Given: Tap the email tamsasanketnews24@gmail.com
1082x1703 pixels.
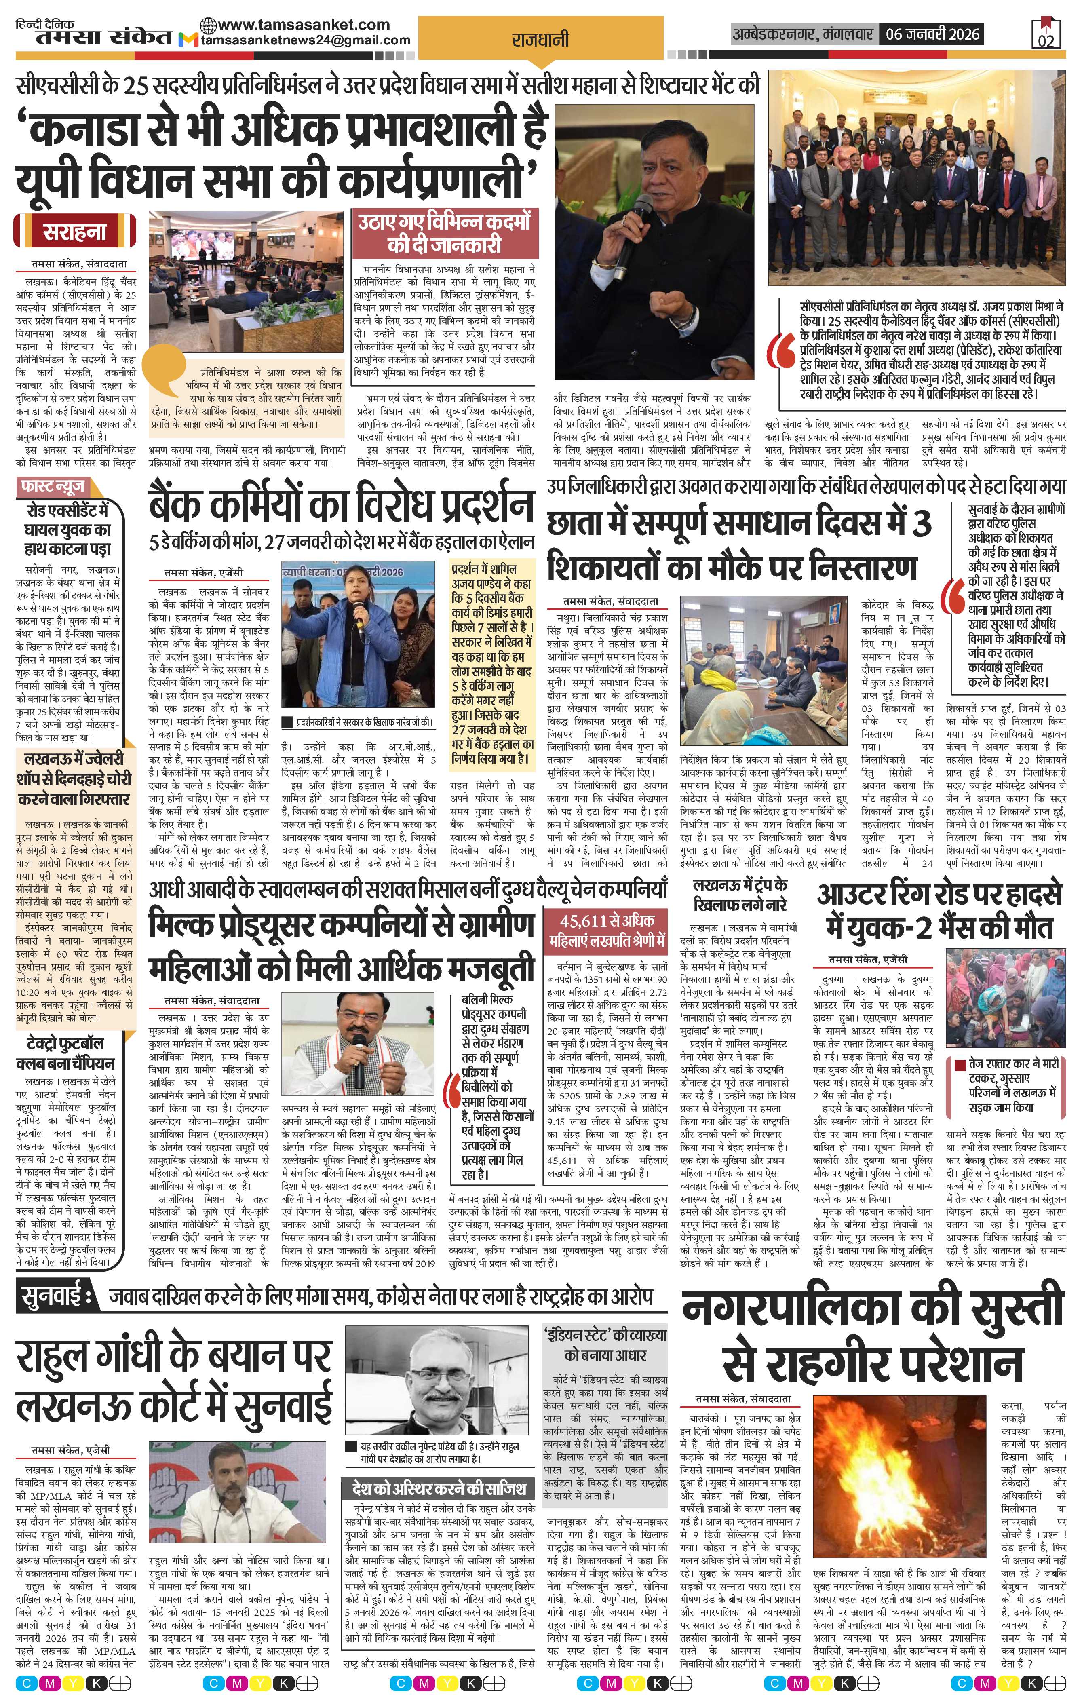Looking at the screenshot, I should pos(306,40).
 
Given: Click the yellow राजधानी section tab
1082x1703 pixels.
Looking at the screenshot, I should pos(540,41).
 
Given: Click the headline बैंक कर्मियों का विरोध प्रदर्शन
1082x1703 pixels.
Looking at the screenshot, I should pos(340,506).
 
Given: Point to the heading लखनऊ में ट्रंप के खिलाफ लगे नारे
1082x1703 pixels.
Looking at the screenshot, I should pos(740,894).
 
